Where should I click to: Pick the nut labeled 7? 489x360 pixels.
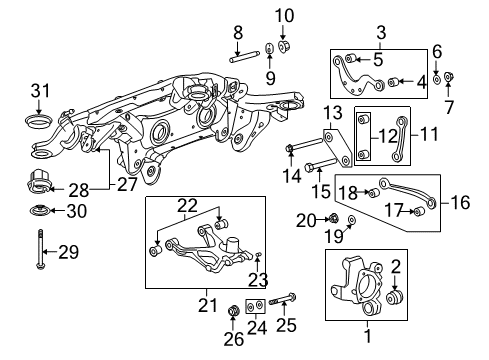pyautogui.click(x=449, y=75)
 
